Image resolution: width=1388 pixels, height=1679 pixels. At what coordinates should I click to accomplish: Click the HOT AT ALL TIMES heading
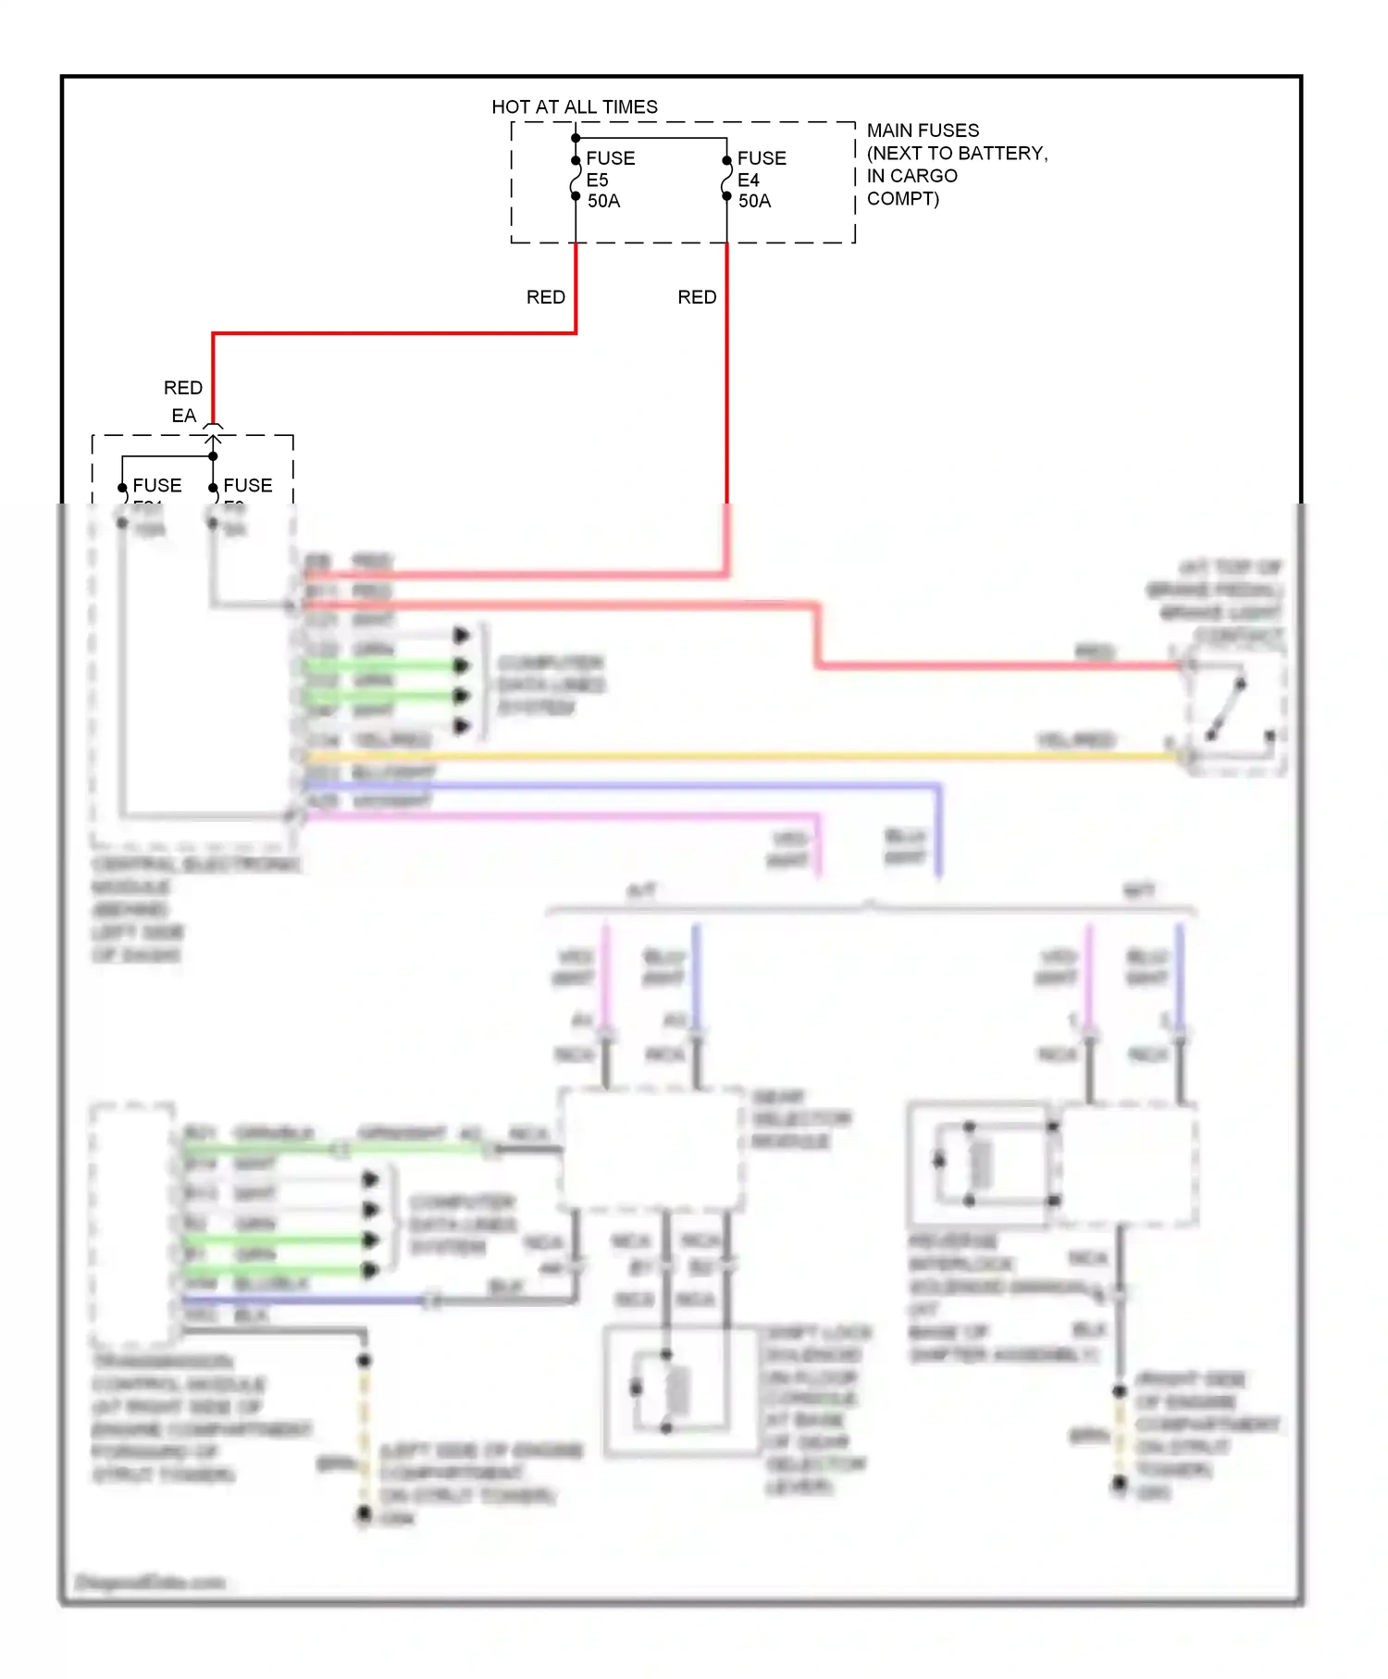pos(575,107)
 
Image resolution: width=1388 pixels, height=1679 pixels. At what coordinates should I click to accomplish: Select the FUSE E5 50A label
pos(610,180)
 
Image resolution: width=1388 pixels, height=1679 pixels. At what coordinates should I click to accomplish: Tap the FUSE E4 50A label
pos(761,180)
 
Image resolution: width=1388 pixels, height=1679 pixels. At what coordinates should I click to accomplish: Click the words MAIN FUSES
pos(923,131)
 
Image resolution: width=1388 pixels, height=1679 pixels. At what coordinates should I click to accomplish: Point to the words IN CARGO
pos(911,176)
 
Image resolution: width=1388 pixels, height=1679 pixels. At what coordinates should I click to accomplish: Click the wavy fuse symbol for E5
pos(576,179)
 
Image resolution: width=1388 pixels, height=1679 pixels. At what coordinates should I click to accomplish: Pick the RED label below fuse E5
pos(545,297)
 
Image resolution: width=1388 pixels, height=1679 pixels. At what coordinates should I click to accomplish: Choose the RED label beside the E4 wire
pos(697,297)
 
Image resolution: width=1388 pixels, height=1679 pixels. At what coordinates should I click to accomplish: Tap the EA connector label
pos(183,416)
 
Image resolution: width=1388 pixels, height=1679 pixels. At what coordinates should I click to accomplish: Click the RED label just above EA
pos(182,388)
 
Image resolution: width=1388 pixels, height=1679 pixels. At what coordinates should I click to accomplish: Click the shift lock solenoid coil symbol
pos(678,1389)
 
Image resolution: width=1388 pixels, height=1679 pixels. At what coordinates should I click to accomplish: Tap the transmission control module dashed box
pos(132,1223)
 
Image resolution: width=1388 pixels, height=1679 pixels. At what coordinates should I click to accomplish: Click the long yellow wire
pos(740,757)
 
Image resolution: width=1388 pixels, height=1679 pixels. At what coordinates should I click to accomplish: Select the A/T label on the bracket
pos(640,891)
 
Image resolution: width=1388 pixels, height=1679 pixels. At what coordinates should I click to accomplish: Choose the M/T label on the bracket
pos(1138,891)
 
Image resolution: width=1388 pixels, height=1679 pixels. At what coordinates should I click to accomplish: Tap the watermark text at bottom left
pos(149,1583)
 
